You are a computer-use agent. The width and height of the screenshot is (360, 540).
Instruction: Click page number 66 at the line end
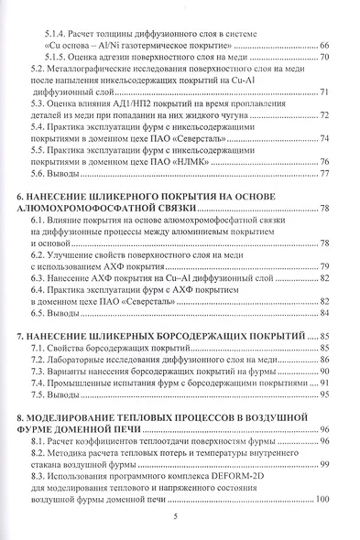coord(323,44)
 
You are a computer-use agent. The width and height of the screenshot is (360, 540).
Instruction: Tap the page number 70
coord(323,57)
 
